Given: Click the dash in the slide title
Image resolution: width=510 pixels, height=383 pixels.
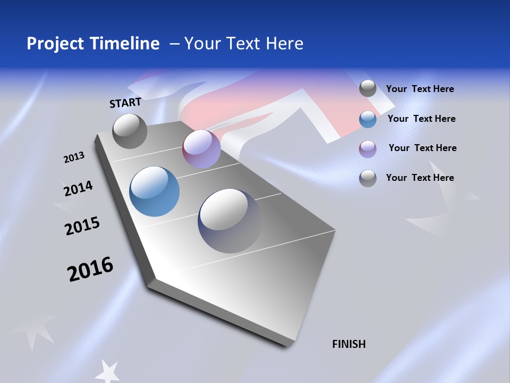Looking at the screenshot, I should coord(174,44).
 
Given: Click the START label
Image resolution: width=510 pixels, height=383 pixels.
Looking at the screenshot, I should coord(125,103).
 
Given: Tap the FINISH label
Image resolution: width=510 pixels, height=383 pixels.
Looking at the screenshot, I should coord(348,344).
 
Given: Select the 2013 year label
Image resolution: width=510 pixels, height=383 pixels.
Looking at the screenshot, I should coord(74,157).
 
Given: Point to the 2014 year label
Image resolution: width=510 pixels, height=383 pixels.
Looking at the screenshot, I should coord(78,188).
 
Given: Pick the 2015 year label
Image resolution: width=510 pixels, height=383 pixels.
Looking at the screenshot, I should coord(82,226).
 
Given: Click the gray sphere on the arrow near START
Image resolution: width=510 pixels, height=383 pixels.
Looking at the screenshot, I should coord(130,131).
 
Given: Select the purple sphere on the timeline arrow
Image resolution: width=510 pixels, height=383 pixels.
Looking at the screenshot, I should coord(201,149).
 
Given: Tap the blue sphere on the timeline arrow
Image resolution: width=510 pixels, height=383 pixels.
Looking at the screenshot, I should coord(154,191).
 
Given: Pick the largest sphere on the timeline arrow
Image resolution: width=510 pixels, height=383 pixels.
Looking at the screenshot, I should coord(229,220).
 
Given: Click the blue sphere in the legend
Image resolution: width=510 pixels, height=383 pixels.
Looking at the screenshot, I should coord(368,119).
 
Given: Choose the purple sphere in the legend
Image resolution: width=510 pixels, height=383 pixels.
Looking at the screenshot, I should coord(368,149).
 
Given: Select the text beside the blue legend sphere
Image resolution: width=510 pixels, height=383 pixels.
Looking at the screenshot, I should coord(421,119).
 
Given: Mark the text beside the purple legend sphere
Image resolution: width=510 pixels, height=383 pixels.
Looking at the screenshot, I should coord(422,148).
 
